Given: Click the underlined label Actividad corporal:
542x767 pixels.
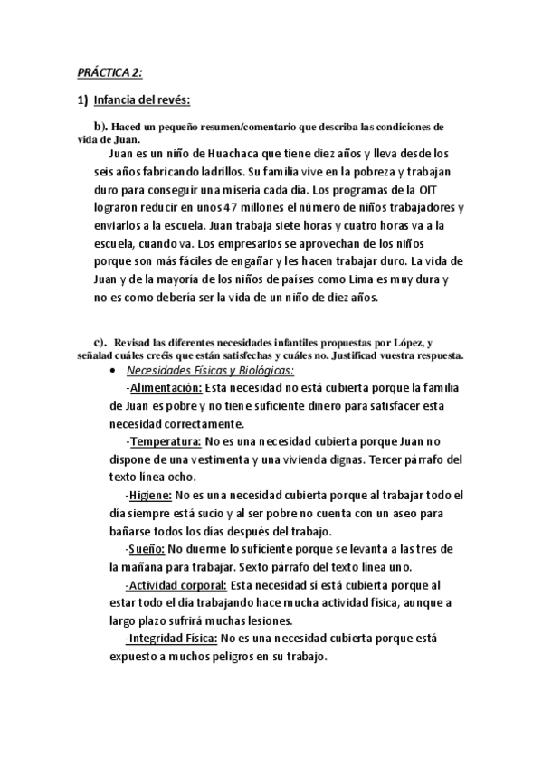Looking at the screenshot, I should pos(177,584).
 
